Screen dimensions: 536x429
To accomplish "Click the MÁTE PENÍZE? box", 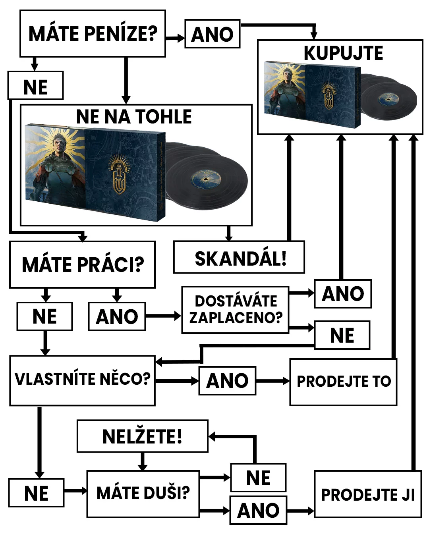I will click(x=93, y=34).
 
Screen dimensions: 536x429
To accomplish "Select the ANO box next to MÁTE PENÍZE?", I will click(x=213, y=34).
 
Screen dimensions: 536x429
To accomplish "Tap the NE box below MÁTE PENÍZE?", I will click(x=35, y=86).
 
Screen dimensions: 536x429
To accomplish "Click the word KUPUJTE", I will click(x=343, y=53).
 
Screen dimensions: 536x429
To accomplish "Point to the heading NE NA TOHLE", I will click(x=134, y=117).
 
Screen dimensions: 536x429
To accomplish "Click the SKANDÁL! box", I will click(x=240, y=258).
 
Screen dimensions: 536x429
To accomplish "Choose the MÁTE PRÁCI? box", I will click(x=82, y=265).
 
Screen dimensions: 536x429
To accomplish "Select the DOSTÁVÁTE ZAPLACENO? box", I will click(x=236, y=310).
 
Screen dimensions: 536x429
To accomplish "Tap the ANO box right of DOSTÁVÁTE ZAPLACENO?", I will click(x=343, y=294).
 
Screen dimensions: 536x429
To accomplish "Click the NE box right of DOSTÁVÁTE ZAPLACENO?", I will click(x=342, y=335).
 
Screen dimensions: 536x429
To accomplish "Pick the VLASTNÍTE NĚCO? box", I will click(x=82, y=380).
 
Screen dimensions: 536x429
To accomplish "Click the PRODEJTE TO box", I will click(x=343, y=382).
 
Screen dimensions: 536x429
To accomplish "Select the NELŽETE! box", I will click(x=142, y=436).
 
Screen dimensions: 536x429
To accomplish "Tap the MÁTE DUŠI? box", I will click(x=143, y=494).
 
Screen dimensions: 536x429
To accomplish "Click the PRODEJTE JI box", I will click(x=367, y=495).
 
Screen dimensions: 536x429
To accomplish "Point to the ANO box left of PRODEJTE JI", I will click(x=258, y=510).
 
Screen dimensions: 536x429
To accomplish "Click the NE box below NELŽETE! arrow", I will click(x=258, y=478).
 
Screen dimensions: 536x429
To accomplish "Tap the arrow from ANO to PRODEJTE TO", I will click(x=273, y=381).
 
